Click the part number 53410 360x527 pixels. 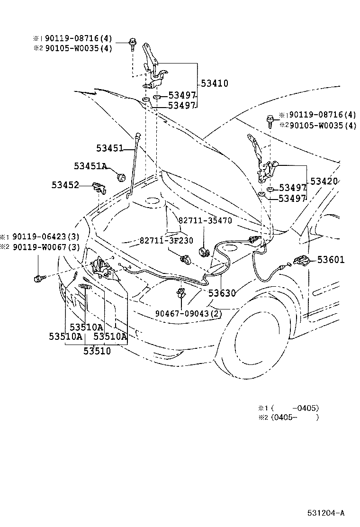214,84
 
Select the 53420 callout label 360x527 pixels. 324,182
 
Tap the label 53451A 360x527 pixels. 90,166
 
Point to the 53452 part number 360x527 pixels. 65,185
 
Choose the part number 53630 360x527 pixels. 220,293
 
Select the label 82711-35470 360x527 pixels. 205,220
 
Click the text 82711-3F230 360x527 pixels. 166,240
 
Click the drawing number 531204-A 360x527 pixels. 324,513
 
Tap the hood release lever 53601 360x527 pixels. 301,261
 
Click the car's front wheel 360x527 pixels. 258,336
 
